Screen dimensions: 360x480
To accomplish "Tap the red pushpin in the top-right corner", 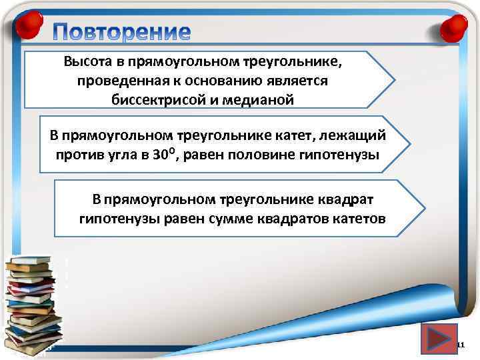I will [x=451, y=28].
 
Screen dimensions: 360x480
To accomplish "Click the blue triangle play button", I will [x=439, y=340].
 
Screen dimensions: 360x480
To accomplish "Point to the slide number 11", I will [x=460, y=345].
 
